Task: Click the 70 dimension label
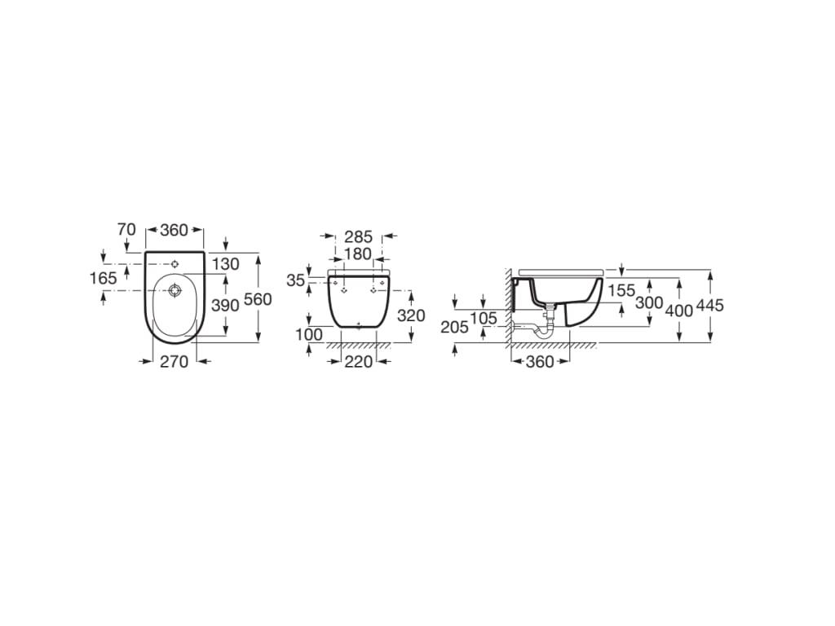coord(126,230)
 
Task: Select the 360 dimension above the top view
coord(174,230)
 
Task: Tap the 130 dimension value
coord(226,263)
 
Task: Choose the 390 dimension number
coord(226,305)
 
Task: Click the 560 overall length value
coord(258,299)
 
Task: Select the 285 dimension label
coord(359,237)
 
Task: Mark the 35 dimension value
coord(296,280)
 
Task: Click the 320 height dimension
coord(410,315)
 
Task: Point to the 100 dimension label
coord(310,335)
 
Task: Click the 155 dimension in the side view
coord(621,291)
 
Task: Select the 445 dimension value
coord(710,306)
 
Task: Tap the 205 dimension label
coord(455,327)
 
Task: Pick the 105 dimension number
coord(484,318)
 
